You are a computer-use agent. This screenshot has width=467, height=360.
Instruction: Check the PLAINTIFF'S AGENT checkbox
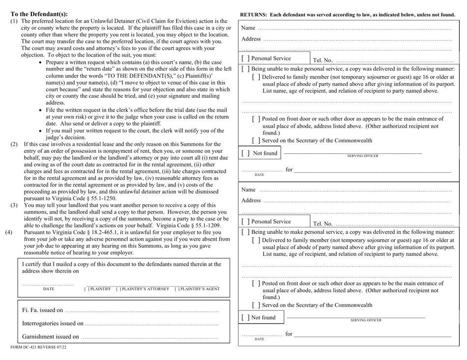[176, 288]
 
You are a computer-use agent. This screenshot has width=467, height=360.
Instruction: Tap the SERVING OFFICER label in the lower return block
[365, 320]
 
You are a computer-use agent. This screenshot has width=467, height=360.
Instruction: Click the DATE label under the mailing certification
[49, 289]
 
